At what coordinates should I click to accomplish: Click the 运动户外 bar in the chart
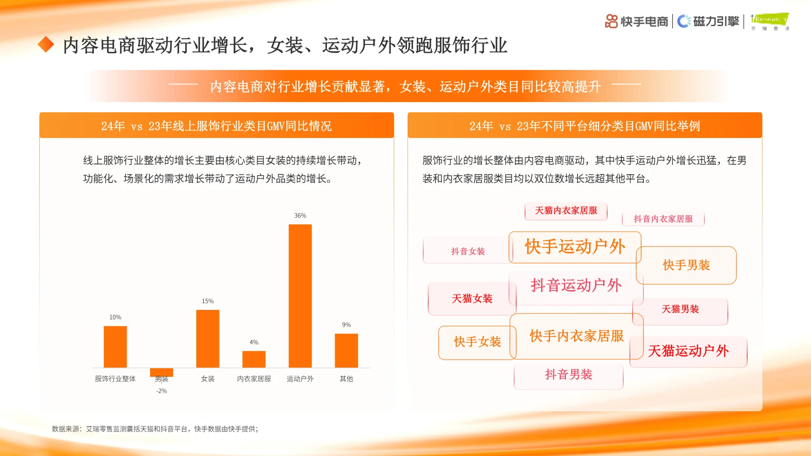(x=300, y=296)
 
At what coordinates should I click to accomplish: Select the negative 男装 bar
(x=161, y=372)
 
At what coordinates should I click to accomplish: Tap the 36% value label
(x=300, y=216)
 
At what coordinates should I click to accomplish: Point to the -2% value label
(x=161, y=391)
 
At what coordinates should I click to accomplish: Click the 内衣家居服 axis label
(x=254, y=379)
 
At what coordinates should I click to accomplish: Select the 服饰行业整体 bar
(x=115, y=347)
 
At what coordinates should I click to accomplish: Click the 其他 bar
(x=346, y=350)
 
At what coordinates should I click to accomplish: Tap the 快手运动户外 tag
(x=575, y=247)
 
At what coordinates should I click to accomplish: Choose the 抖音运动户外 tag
(x=576, y=286)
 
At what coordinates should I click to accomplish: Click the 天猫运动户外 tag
(x=688, y=351)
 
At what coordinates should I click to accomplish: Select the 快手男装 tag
(x=686, y=265)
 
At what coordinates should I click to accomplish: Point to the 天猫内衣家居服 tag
(x=566, y=211)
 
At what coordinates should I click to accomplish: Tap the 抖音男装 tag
(x=569, y=375)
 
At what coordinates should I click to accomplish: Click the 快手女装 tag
(x=477, y=342)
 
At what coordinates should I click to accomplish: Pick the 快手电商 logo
(x=637, y=21)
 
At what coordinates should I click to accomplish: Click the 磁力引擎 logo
(x=708, y=21)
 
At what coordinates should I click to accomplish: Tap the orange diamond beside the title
(x=46, y=45)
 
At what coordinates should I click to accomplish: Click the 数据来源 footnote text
(x=155, y=429)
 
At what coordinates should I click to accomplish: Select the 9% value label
(x=346, y=325)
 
